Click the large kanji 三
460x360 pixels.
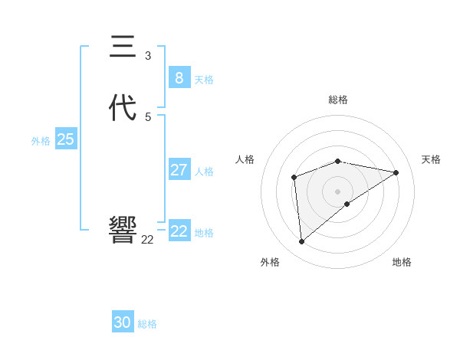(123, 47)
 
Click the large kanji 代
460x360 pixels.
(123, 108)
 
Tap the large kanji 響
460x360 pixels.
(123, 229)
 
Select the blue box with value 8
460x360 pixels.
(179, 77)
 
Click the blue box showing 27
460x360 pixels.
(179, 170)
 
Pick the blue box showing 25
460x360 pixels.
(65, 139)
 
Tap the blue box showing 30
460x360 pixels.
(123, 322)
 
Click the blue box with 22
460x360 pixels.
(179, 231)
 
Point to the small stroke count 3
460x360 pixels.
(148, 55)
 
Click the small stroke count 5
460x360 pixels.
(148, 116)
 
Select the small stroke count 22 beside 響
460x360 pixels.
(147, 240)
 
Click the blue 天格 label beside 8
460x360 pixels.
(204, 79)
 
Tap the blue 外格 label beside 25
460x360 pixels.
(41, 141)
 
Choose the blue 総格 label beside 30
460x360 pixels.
(147, 324)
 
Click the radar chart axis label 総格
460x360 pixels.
(338, 100)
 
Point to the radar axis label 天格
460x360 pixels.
(431, 159)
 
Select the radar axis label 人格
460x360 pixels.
(245, 159)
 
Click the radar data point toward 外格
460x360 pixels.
(302, 241)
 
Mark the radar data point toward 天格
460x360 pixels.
(396, 172)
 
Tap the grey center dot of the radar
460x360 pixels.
(338, 191)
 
